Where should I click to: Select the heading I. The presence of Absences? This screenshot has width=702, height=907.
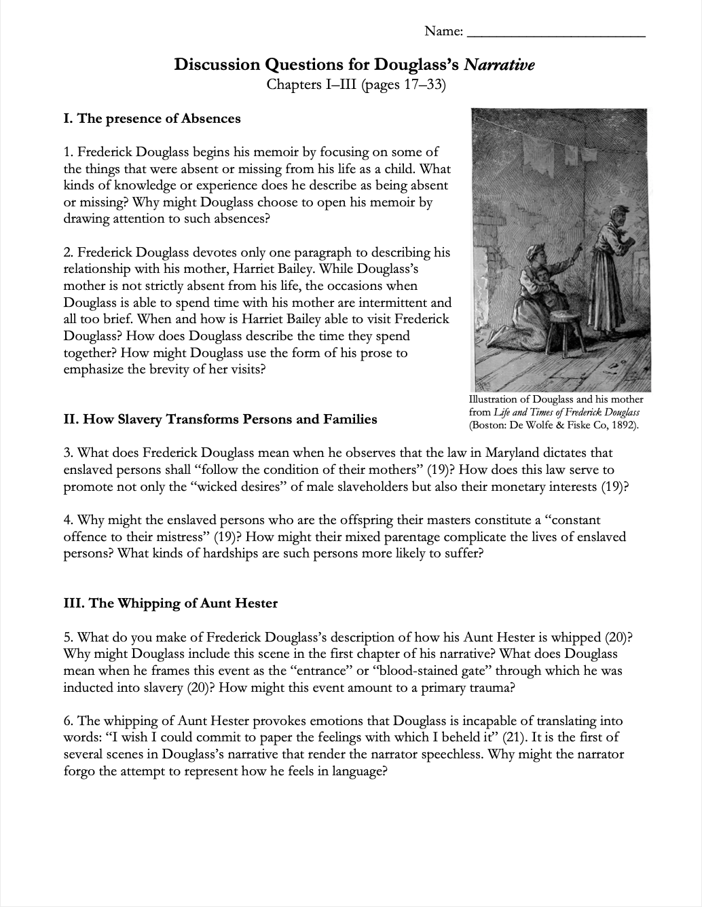click(x=152, y=119)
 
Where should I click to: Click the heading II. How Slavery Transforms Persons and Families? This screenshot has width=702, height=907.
click(x=220, y=420)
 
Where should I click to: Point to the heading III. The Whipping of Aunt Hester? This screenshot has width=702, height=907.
click(x=170, y=603)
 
